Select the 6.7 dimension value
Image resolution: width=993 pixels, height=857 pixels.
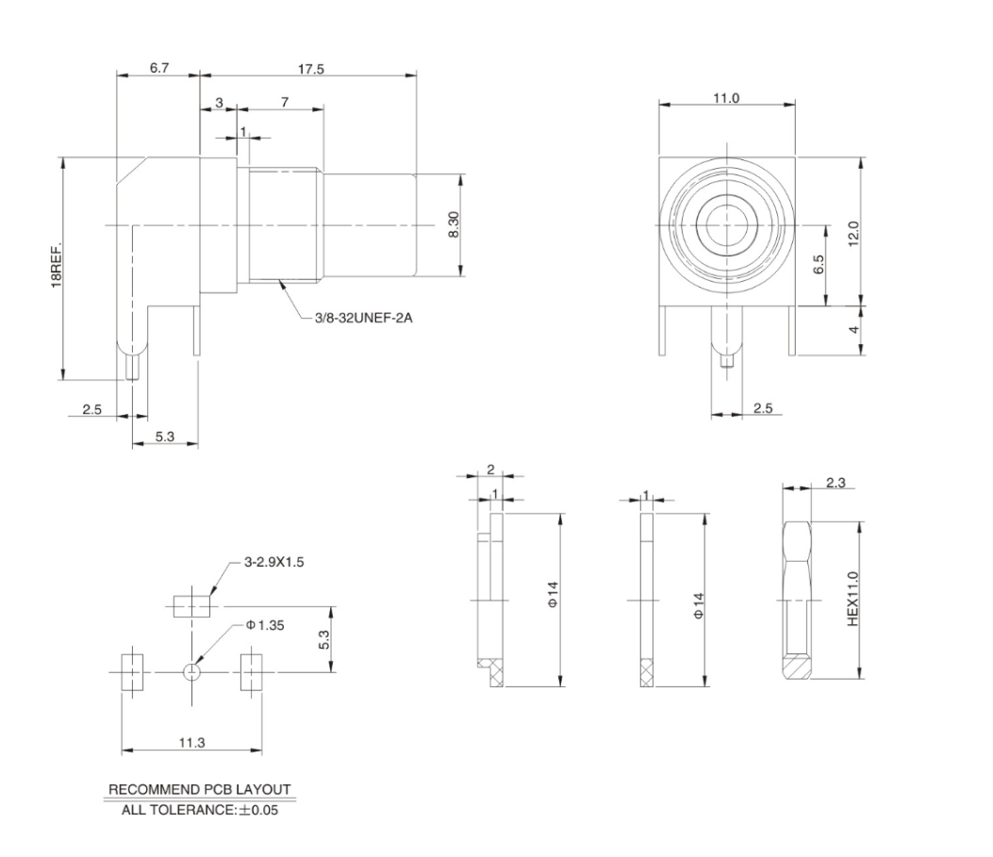coord(158,70)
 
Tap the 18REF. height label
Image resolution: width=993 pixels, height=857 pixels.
coord(56,267)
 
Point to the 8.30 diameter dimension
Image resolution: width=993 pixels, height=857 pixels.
coord(454,224)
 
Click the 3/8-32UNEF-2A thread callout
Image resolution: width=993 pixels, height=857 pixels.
coord(364,318)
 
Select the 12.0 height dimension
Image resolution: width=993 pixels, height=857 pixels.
coord(852,232)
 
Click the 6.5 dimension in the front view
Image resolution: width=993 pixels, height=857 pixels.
coord(818,266)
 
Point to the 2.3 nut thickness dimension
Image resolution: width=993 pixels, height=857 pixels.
coord(835,483)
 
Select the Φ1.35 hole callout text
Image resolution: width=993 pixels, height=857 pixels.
coord(266,624)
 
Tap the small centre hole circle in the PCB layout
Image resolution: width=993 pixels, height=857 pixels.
coord(191,671)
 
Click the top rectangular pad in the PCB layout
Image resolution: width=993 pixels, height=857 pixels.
coord(191,605)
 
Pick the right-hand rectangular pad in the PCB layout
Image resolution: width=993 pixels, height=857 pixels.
coord(252,671)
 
